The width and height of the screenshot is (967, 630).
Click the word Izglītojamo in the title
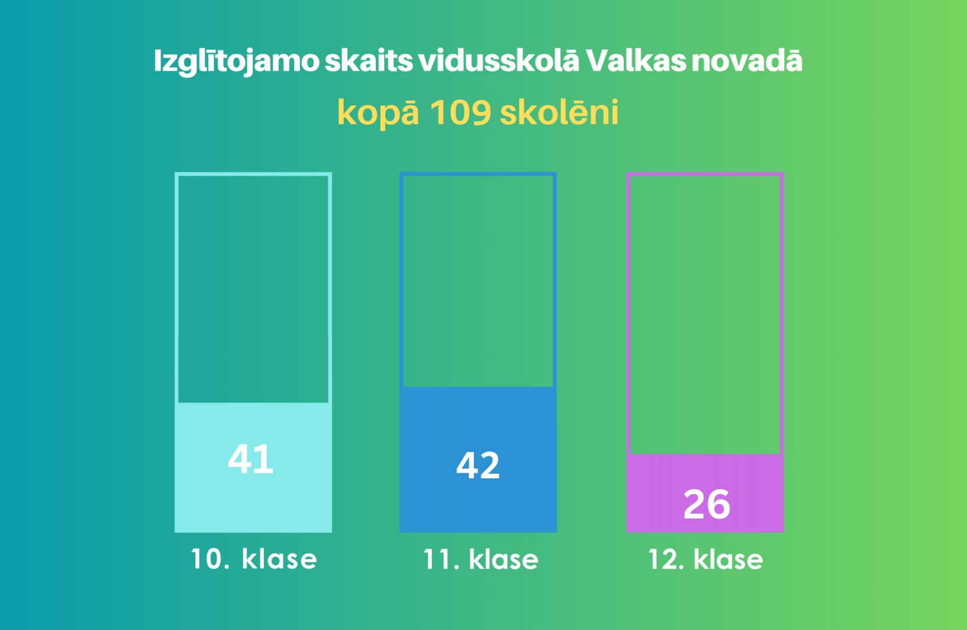pos(236,61)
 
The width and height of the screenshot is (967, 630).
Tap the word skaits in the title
pos(368,61)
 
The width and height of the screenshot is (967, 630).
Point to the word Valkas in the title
pos(636,61)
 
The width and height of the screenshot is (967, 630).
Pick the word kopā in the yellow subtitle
pos(378,112)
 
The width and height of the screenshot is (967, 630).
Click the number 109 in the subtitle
pos(460,112)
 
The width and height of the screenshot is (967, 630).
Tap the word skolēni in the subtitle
pos(559,112)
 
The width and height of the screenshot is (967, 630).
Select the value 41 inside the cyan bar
pos(250,459)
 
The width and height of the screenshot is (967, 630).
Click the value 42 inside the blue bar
pos(478,466)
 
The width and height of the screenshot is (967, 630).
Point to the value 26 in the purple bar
pos(706,505)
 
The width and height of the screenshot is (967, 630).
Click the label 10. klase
pos(254,559)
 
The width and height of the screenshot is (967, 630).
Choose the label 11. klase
pos(480,559)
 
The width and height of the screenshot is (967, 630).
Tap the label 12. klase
pos(705,559)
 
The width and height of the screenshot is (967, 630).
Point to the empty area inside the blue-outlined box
pos(478,280)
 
